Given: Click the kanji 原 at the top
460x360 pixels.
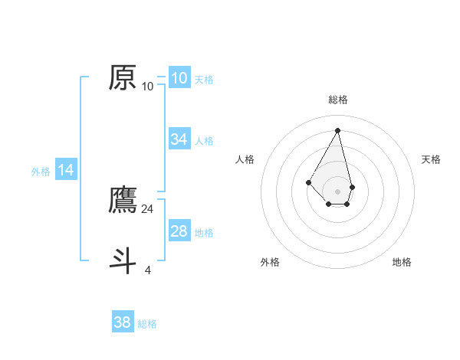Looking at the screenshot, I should click(x=123, y=77).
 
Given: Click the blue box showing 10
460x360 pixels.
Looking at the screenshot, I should click(x=179, y=77).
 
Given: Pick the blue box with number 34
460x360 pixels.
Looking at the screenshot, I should click(x=179, y=139).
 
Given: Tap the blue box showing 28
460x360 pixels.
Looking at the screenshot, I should click(x=179, y=231).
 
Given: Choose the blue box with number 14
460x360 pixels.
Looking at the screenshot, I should click(x=66, y=170).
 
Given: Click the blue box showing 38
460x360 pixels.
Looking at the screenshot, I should click(x=123, y=322).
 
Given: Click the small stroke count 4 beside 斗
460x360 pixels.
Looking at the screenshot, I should click(x=148, y=270).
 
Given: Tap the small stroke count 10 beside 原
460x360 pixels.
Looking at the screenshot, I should click(x=148, y=87).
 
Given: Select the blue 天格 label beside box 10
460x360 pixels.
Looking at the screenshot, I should click(x=204, y=80).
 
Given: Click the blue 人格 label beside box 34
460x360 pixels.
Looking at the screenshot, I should click(x=204, y=141).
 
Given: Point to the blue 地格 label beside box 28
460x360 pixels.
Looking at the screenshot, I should click(x=204, y=233).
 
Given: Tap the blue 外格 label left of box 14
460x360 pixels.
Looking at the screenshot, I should click(x=41, y=172).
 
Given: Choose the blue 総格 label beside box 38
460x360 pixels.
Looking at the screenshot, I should click(x=147, y=325).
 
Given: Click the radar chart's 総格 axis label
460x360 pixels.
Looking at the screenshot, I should click(x=337, y=100).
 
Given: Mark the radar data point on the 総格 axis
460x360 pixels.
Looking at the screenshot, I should click(x=337, y=129).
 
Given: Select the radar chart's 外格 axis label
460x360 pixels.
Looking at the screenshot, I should click(x=270, y=263).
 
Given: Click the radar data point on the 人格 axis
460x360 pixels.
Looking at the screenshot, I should click(x=308, y=182).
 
